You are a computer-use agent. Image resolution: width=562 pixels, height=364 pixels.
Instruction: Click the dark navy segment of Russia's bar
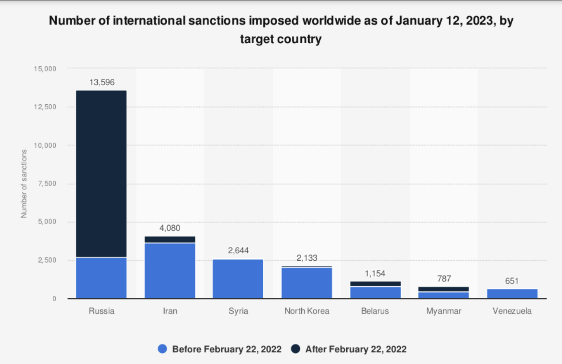[101, 173]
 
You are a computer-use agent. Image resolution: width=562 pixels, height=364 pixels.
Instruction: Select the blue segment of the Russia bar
[101, 278]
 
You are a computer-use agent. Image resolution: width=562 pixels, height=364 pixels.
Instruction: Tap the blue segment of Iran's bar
[170, 271]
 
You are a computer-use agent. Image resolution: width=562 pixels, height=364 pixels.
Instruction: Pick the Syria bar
[238, 279]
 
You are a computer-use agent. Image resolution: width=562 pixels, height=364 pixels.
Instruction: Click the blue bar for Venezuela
[512, 294]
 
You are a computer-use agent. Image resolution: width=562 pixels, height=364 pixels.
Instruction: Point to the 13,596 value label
[102, 82]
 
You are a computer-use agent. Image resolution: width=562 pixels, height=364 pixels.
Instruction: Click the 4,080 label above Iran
[170, 228]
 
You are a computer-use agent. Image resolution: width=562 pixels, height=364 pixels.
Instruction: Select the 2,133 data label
[307, 258]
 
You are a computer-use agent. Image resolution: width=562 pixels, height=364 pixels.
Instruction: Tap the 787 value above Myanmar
[444, 279]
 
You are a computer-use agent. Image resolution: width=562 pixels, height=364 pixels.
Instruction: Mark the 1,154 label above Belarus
[375, 273]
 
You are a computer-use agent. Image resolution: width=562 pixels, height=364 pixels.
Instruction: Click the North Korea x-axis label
[307, 311]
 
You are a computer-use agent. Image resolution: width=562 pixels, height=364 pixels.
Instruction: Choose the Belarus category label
[375, 311]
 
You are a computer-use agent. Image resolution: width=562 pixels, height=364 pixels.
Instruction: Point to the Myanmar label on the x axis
[444, 311]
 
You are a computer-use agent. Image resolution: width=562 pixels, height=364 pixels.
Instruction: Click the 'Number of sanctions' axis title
[24, 184]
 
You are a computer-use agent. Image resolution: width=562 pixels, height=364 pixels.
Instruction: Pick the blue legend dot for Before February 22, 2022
[163, 349]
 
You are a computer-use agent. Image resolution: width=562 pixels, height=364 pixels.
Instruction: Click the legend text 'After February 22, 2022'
[356, 349]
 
